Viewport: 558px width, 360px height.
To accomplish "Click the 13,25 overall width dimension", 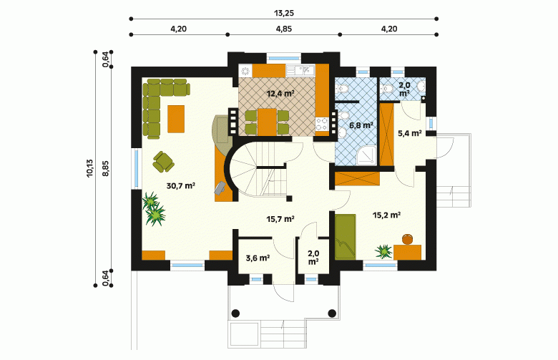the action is point(283,13).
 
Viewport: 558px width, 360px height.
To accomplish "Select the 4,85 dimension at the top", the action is point(283,29).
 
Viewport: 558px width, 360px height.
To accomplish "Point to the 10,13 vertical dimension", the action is point(89,167).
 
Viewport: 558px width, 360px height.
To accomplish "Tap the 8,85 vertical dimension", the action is point(106,168).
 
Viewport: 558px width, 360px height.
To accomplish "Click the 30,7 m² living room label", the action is point(181,185).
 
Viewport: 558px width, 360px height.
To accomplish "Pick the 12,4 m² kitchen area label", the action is point(280,94).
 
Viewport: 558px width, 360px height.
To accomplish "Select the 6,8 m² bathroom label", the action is point(361,125).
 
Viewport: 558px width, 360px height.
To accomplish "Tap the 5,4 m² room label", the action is point(410,134).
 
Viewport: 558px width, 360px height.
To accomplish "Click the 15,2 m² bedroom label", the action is point(387,215).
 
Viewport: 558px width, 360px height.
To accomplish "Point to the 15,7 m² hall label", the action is point(280,219).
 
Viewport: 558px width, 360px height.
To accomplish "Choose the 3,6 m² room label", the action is point(258,258).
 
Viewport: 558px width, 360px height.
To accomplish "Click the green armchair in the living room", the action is point(163,162).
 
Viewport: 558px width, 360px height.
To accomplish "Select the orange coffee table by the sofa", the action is point(176,119).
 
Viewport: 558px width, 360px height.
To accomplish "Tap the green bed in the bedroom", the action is point(346,236).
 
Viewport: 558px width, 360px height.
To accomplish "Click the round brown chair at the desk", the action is point(408,239).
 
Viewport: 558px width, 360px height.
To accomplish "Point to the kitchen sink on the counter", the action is point(300,70).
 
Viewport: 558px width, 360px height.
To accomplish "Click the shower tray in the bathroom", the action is point(366,155).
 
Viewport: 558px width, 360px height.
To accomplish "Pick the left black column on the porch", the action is point(235,313).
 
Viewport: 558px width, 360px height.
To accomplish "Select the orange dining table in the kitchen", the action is point(268,122).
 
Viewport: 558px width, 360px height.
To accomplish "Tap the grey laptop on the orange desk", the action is point(220,188).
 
